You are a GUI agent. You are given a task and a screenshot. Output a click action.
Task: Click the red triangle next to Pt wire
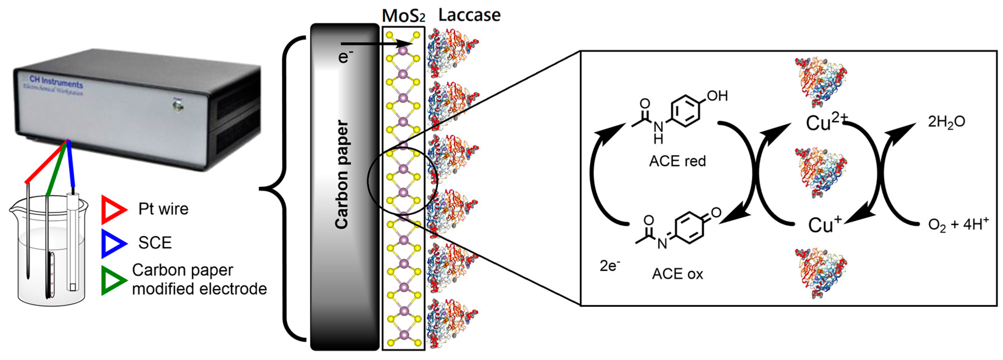click(113, 210)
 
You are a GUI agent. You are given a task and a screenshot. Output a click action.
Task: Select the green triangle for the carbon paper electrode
click(113, 280)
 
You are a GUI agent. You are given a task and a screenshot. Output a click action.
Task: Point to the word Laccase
click(469, 15)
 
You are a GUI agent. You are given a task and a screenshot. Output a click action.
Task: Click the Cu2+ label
click(823, 123)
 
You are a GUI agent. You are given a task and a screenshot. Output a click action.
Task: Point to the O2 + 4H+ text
click(958, 225)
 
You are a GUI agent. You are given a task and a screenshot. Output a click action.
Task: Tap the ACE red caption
click(677, 161)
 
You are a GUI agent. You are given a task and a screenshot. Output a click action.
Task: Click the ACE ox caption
click(677, 274)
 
